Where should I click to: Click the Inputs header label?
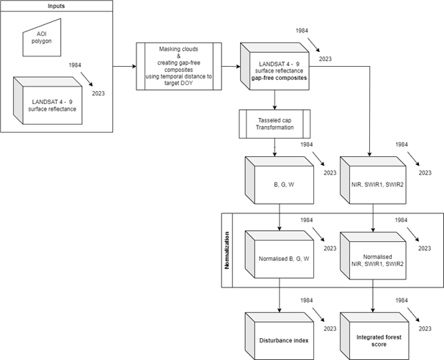coord(57,6)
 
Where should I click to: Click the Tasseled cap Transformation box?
coord(274,123)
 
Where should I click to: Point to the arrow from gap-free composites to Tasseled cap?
coord(274,100)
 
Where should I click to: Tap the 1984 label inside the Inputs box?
coord(75,66)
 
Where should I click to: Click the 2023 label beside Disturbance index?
coord(329,328)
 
